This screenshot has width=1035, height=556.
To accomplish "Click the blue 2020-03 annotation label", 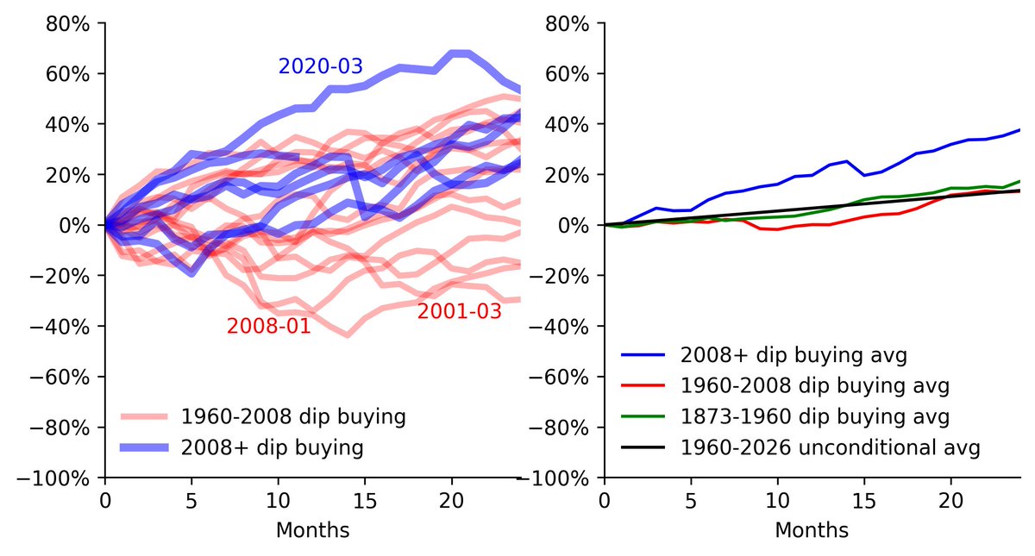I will click(x=320, y=66).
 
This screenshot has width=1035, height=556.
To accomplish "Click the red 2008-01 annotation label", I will click(x=268, y=327).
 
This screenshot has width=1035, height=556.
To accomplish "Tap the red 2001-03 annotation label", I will click(x=459, y=312).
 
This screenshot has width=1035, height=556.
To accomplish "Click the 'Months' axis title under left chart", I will click(x=312, y=530).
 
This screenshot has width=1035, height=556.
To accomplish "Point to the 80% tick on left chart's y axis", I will click(x=67, y=23).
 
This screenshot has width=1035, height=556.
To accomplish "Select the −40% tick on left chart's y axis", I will click(x=62, y=327).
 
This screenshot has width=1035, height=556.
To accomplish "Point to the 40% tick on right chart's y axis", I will click(x=567, y=124).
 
